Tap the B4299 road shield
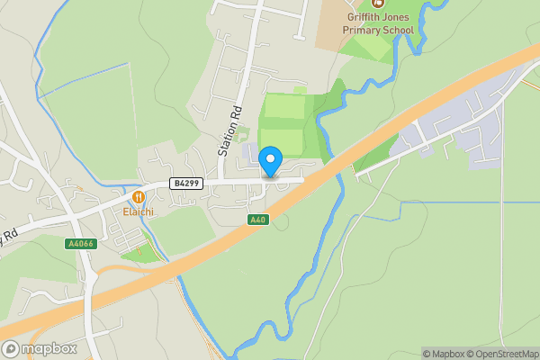coord(186,184)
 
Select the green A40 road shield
coord(257,220)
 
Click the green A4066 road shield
coord(81,244)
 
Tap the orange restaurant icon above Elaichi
coord(139,197)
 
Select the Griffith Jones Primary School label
coord(378,22)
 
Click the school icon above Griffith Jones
coord(378,3)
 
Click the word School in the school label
coord(399,30)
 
